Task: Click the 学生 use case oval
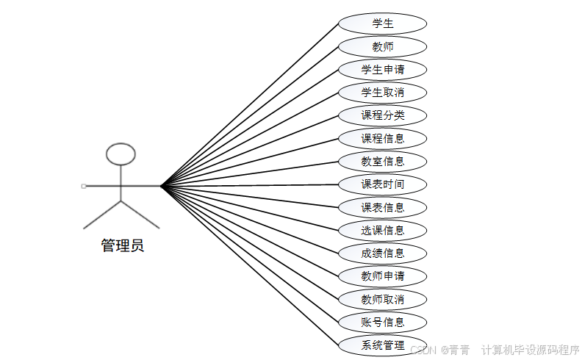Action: point(382,24)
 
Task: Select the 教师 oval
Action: point(382,47)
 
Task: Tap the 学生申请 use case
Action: point(382,70)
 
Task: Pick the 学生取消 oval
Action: point(382,93)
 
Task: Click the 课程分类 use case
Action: point(382,115)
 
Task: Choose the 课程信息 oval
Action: point(382,138)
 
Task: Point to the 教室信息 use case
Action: point(382,161)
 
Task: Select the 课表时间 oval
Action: point(382,184)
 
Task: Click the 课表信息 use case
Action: point(382,207)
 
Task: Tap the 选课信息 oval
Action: point(382,230)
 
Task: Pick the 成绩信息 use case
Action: point(382,253)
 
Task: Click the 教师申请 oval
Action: point(382,276)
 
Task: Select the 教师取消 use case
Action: point(382,299)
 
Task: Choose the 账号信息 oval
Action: point(382,322)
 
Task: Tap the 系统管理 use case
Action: point(382,345)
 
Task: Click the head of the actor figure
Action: point(121,154)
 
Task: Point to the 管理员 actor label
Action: point(122,246)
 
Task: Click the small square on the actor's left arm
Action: point(84,186)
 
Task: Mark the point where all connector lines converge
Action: point(161,186)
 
